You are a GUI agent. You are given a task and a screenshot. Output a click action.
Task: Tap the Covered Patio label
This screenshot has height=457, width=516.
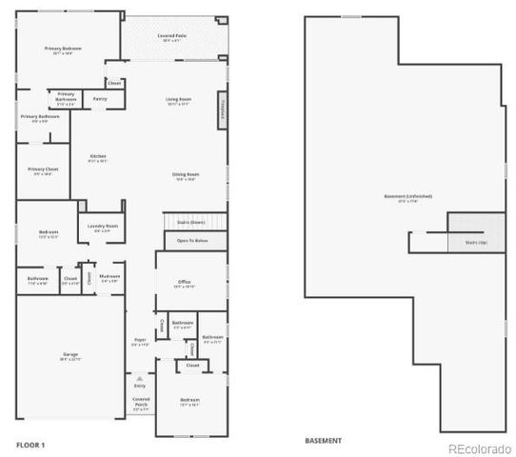point(171,37)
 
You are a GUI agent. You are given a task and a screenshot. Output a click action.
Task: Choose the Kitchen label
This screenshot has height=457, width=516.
point(98,158)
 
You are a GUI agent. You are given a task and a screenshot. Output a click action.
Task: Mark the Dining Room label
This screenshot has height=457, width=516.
point(185,176)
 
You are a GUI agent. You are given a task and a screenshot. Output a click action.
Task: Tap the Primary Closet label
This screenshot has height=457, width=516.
point(42,171)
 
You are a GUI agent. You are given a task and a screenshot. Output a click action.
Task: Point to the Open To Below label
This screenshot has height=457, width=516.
point(192,242)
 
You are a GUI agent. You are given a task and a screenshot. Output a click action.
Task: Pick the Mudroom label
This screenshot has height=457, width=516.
point(109,280)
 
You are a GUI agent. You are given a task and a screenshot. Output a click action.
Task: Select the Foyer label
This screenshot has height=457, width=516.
point(139,341)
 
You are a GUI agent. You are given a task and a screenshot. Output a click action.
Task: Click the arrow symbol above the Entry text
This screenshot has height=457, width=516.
point(140,378)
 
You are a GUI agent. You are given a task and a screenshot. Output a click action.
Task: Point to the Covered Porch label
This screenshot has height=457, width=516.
point(141,402)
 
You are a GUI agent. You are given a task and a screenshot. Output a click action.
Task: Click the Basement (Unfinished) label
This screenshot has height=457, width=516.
point(407,198)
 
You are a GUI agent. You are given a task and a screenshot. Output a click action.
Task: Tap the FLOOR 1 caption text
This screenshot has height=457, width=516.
point(30,443)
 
